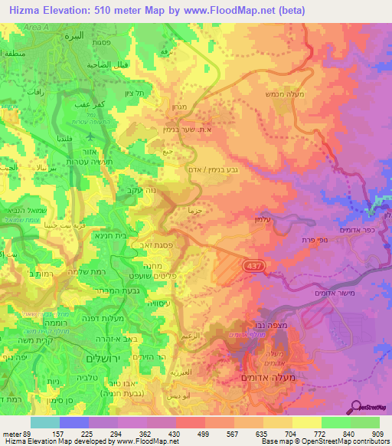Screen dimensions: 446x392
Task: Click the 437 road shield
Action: pos(251,264)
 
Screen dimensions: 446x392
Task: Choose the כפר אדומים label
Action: pos(359,231)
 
